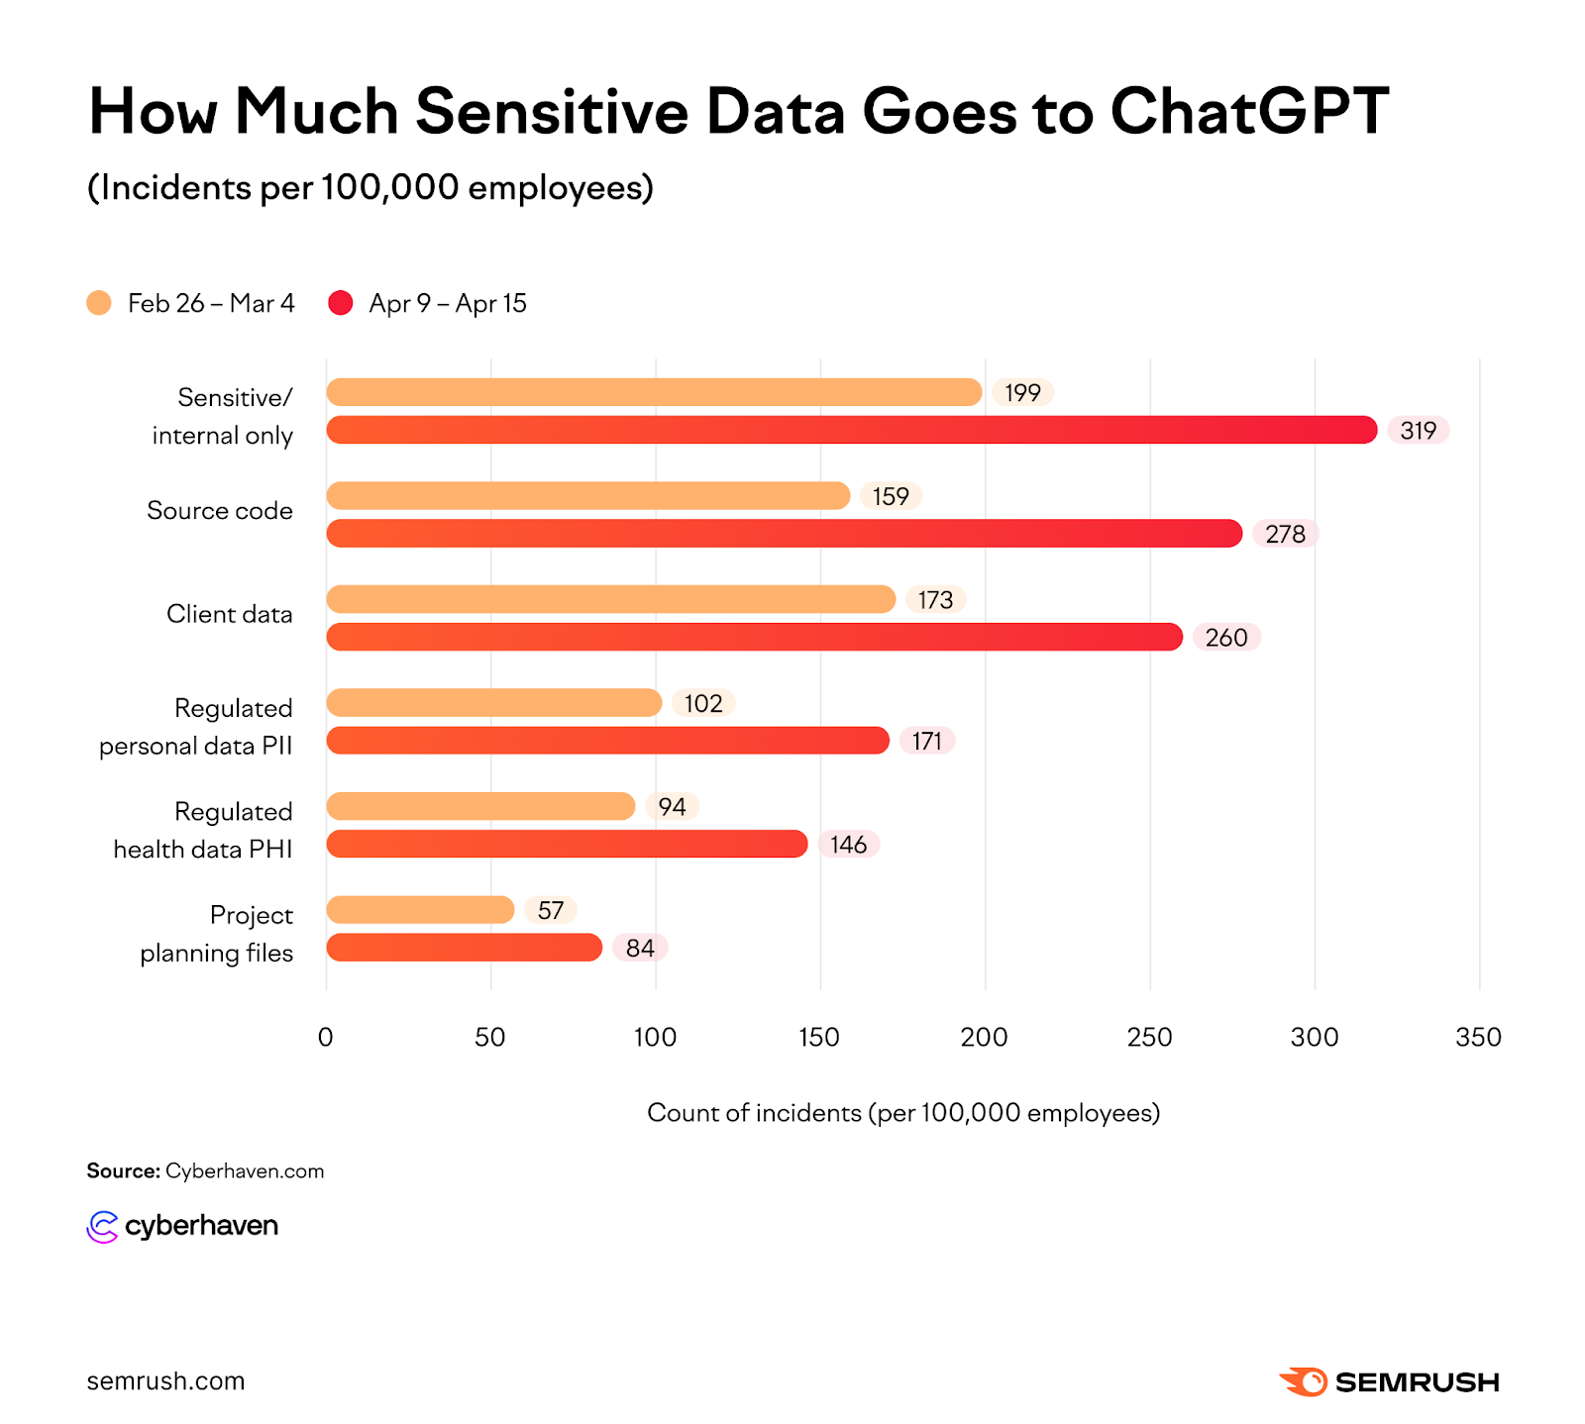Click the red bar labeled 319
click(x=852, y=430)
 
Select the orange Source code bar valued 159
click(x=588, y=495)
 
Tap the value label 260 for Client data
click(x=1225, y=638)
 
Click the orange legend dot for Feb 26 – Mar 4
click(x=99, y=303)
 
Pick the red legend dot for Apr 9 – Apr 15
click(x=341, y=303)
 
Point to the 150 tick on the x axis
click(x=819, y=1037)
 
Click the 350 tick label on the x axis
click(x=1478, y=1037)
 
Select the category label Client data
click(x=229, y=614)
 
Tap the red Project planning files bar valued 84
click(x=464, y=948)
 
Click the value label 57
click(x=551, y=910)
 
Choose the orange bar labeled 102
click(x=493, y=703)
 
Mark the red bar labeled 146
click(x=567, y=844)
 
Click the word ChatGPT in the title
click(x=1249, y=111)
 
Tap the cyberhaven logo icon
click(x=102, y=1226)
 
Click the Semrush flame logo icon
click(x=1304, y=1381)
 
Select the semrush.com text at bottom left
click(x=165, y=1381)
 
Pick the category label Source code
click(x=219, y=510)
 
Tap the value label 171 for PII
click(x=926, y=741)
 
